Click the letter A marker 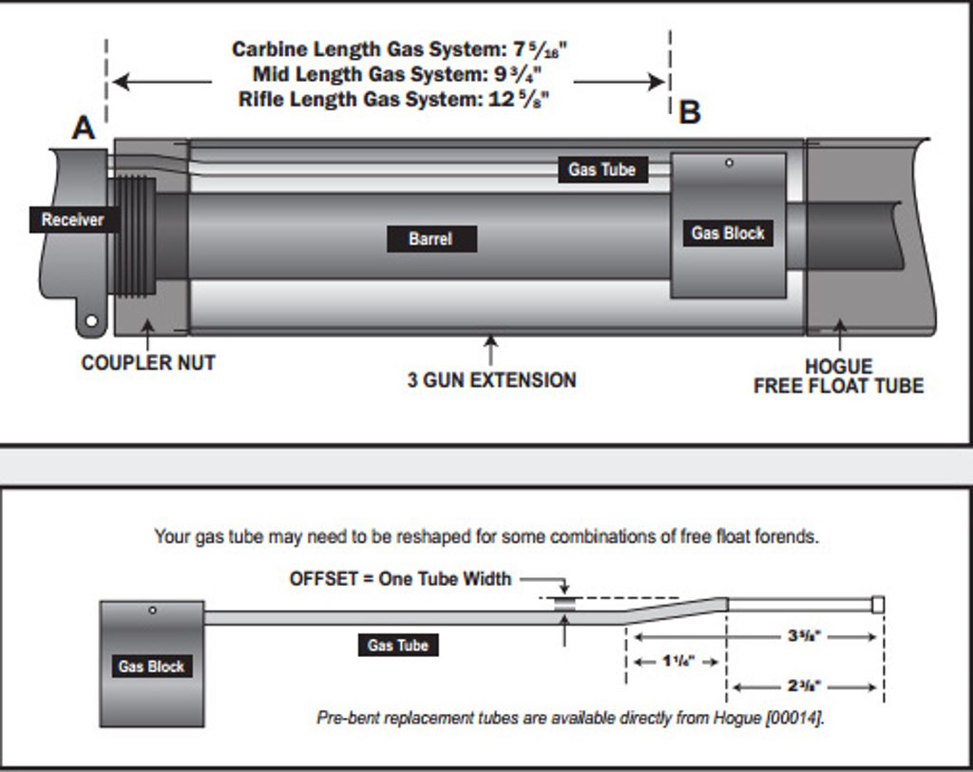[x=84, y=126]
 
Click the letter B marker [x=690, y=112]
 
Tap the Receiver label [x=72, y=220]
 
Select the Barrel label [x=430, y=239]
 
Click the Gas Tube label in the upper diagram [x=602, y=170]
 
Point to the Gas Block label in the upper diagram [x=728, y=233]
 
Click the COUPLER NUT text [x=148, y=362]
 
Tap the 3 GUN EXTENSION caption [x=491, y=380]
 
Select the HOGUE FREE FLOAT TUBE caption [x=838, y=376]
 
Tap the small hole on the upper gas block [x=729, y=164]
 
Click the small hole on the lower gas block [x=153, y=610]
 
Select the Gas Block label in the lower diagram [x=151, y=666]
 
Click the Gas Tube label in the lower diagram [x=398, y=646]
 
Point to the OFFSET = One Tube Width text [x=400, y=578]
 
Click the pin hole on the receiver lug [x=91, y=321]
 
